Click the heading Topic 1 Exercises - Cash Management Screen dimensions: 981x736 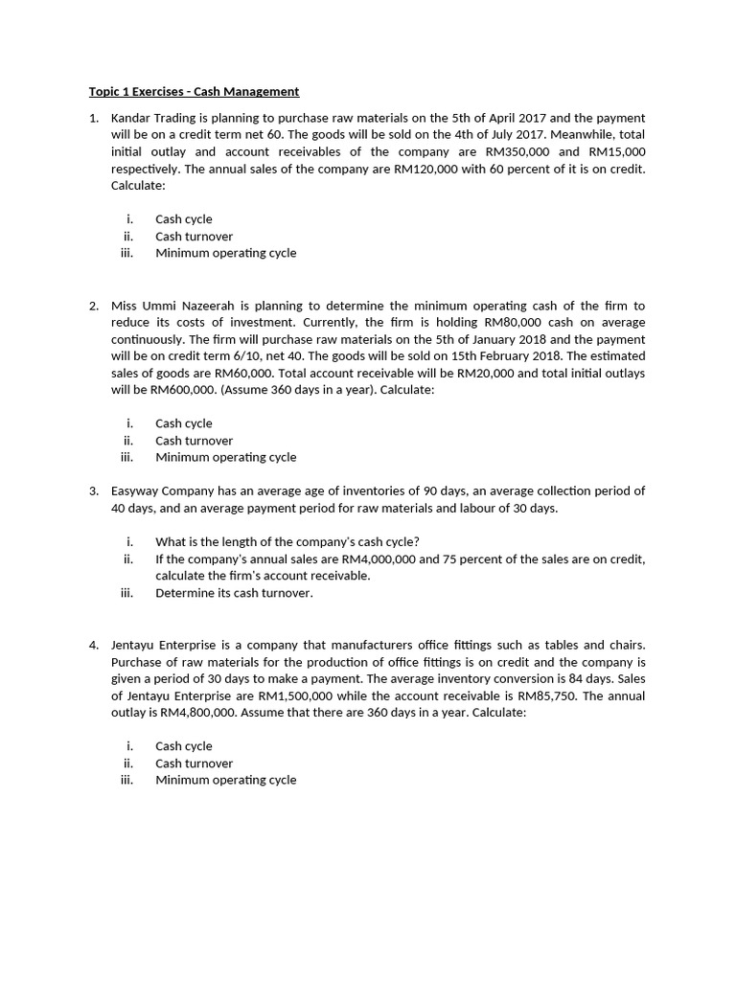(x=194, y=92)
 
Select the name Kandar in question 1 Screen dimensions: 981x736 (x=132, y=118)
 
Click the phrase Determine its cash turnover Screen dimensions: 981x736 (x=234, y=593)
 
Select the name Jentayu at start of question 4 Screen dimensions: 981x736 (x=133, y=645)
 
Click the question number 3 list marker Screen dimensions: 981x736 (x=94, y=490)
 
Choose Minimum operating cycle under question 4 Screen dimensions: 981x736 (x=225, y=780)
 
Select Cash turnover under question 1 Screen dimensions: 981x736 (x=194, y=237)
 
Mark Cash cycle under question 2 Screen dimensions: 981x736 (x=184, y=423)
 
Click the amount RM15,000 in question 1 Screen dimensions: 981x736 (x=616, y=151)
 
